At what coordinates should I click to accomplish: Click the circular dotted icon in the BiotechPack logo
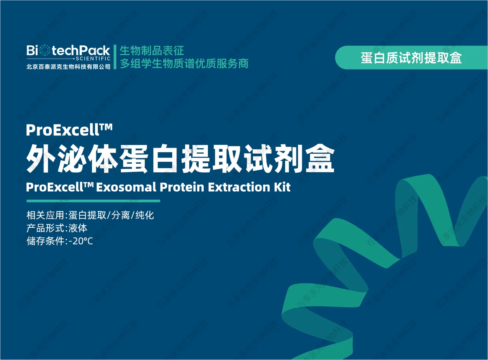[x=45, y=50]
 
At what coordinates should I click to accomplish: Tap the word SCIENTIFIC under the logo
[x=93, y=59]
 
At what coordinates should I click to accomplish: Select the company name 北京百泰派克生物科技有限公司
[x=68, y=67]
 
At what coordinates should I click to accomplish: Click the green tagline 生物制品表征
[x=152, y=50]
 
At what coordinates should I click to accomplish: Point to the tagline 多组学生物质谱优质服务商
[x=184, y=64]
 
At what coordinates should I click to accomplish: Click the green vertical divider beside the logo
[x=115, y=57]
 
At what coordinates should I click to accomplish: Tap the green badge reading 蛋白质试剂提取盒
[x=411, y=57]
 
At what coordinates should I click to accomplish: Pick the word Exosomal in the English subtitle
[x=126, y=187]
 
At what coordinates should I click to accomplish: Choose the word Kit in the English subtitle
[x=282, y=187]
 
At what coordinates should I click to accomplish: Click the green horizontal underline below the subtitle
[x=93, y=201]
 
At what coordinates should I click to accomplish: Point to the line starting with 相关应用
[x=90, y=215]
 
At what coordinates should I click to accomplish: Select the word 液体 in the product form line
[x=78, y=228]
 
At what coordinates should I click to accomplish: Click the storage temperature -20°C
[x=81, y=241]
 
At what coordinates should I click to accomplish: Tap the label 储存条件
[x=45, y=241]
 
